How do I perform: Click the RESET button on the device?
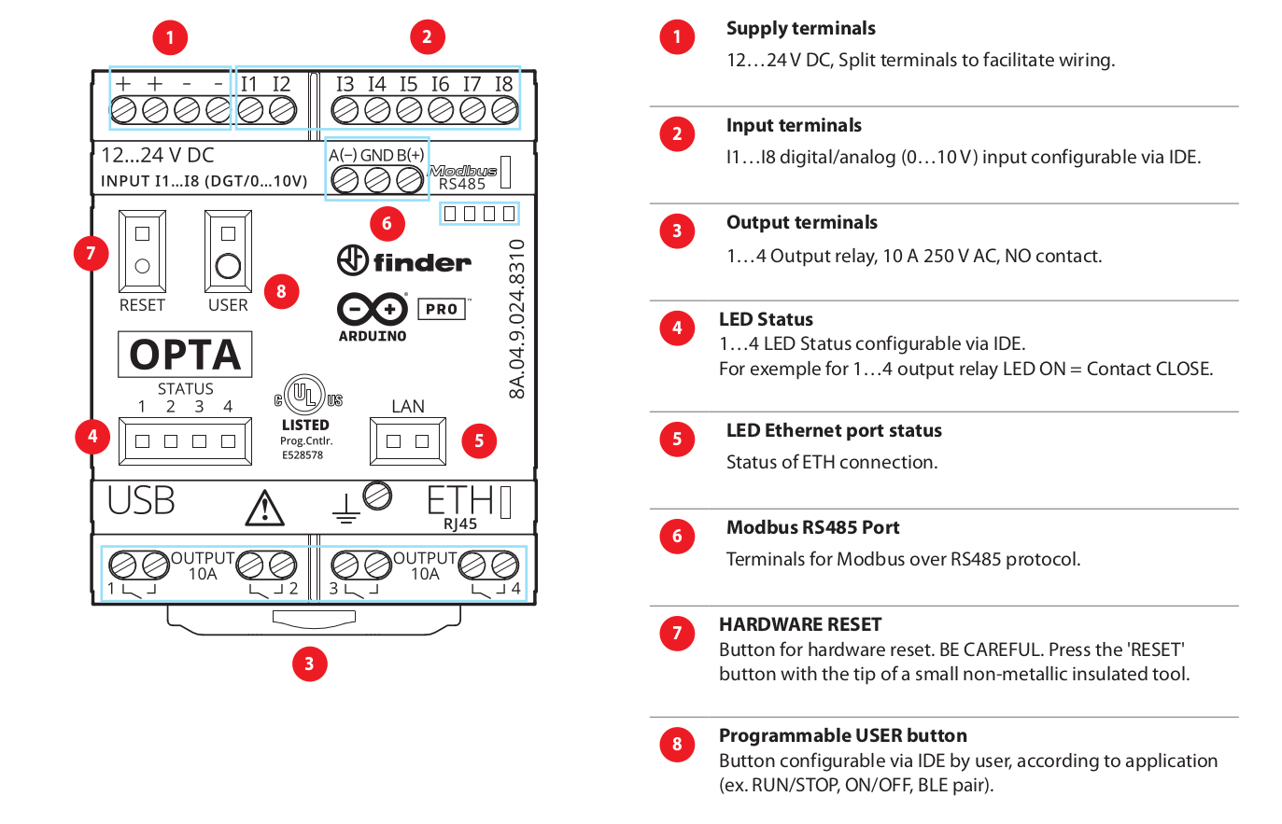(142, 266)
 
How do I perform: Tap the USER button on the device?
(228, 266)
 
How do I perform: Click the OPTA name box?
(185, 355)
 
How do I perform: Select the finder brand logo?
(404, 260)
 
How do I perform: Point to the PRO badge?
(442, 309)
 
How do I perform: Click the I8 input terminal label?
(503, 84)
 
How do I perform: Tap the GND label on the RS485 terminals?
(376, 155)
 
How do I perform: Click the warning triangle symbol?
(265, 509)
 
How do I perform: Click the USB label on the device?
(141, 501)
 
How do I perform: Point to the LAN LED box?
(408, 441)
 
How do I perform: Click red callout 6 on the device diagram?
(387, 223)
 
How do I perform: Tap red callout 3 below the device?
(309, 663)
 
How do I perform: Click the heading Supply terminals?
(800, 28)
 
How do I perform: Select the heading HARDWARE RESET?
(799, 624)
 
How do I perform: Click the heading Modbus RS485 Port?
(812, 527)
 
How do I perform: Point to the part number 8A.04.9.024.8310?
(516, 318)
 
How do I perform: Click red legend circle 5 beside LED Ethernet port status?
(677, 439)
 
